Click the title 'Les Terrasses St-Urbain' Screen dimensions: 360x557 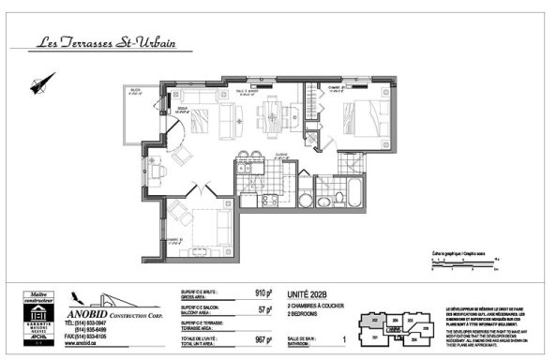coord(113,42)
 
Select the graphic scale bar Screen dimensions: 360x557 coord(468,265)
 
